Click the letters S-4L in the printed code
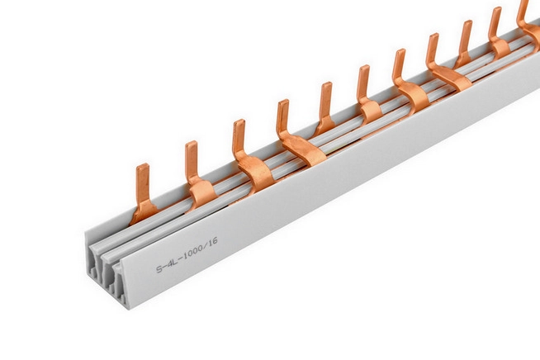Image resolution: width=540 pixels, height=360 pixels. point(168,264)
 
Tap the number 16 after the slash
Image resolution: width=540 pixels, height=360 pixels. point(213,240)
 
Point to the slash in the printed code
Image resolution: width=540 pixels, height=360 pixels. point(207,244)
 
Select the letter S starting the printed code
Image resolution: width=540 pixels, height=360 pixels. point(159,268)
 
